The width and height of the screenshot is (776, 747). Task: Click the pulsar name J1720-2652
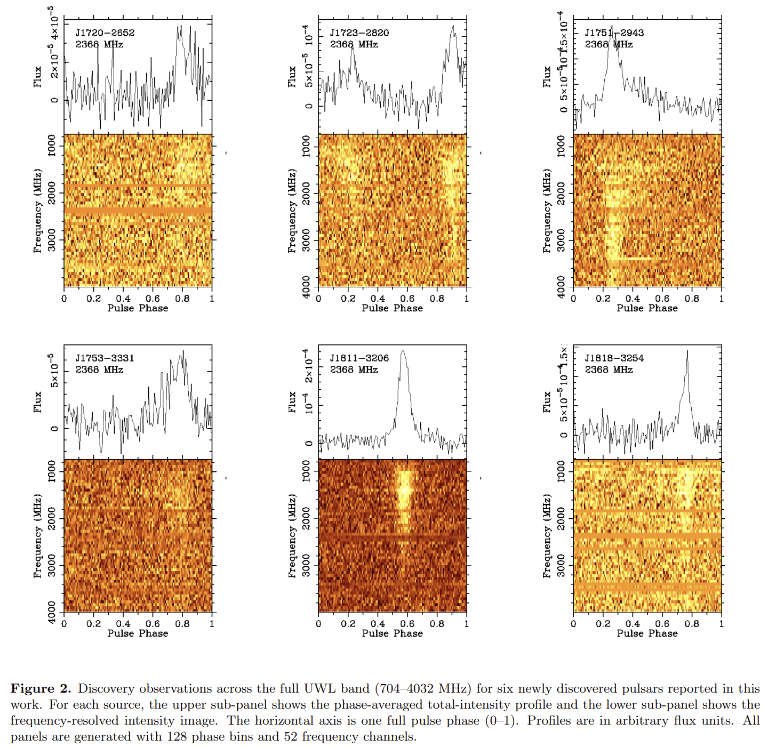pos(105,33)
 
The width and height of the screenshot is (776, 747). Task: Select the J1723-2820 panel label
pos(359,33)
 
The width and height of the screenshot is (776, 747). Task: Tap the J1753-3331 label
pos(105,358)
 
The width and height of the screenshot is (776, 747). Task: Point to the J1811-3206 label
pos(359,358)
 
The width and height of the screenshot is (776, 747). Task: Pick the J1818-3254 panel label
pos(614,358)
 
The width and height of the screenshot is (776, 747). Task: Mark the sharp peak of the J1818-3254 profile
pos(687,351)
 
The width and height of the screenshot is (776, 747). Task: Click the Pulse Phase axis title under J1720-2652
pos(138,308)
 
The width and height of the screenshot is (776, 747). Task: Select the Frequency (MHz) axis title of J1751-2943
pos(547,211)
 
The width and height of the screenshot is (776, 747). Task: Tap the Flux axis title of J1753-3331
pos(37,401)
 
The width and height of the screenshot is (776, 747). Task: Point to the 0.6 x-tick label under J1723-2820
pos(407,299)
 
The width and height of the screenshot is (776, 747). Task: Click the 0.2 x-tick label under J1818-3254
pos(603,624)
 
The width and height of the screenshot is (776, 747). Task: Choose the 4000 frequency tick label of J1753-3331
pos(52,612)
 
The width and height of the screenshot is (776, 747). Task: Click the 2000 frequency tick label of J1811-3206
pos(306,518)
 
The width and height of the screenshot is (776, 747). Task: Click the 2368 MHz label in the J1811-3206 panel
pos(354,370)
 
